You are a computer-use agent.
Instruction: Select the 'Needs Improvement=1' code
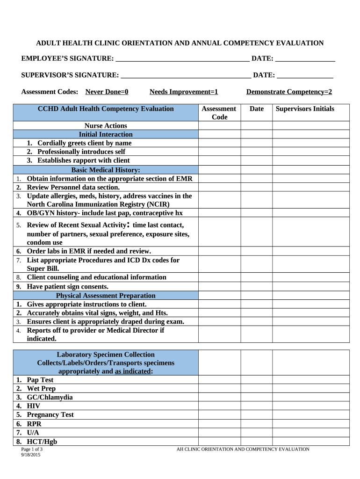[x=184, y=92]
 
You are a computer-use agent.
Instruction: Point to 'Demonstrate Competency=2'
[x=289, y=92]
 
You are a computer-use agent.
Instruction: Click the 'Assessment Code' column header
[x=219, y=113]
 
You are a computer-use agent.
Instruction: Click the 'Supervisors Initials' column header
[x=305, y=109]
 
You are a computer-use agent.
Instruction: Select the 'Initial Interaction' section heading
[x=106, y=134]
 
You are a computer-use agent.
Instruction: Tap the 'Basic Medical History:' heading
[x=106, y=170]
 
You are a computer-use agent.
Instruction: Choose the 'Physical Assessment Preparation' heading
[x=106, y=296]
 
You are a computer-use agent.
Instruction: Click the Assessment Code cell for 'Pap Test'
[x=219, y=380]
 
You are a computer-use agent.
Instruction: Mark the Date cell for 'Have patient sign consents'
[x=256, y=286]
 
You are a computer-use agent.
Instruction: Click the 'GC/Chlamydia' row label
[x=50, y=397]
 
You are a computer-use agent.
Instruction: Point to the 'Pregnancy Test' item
[x=50, y=414]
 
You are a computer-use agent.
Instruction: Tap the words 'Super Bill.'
[x=43, y=269]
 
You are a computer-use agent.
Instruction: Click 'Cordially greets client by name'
[x=84, y=143]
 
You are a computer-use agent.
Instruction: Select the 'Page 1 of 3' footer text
[x=32, y=449]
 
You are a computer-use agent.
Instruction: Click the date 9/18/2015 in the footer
[x=31, y=455]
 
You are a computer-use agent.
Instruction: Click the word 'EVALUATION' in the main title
[x=301, y=43]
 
